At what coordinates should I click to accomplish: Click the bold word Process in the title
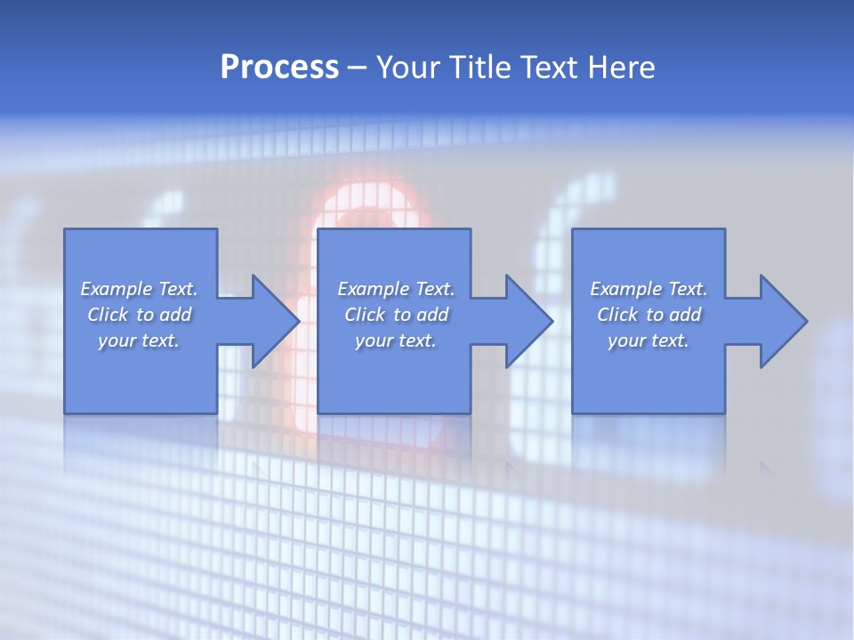click(x=279, y=68)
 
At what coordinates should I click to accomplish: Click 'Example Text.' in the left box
click(x=139, y=289)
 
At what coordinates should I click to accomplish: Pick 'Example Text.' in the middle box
click(x=396, y=289)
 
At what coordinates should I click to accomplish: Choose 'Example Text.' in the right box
click(x=649, y=289)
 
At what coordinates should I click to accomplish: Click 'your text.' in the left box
click(x=139, y=340)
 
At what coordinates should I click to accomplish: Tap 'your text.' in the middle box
click(x=396, y=340)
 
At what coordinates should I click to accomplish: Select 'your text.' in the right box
click(x=649, y=340)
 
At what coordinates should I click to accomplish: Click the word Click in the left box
click(x=108, y=315)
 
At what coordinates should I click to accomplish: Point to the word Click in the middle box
click(x=365, y=315)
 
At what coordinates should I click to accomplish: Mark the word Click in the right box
click(x=617, y=315)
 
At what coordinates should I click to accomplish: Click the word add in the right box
click(x=685, y=315)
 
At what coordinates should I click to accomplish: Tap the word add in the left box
click(x=175, y=315)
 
